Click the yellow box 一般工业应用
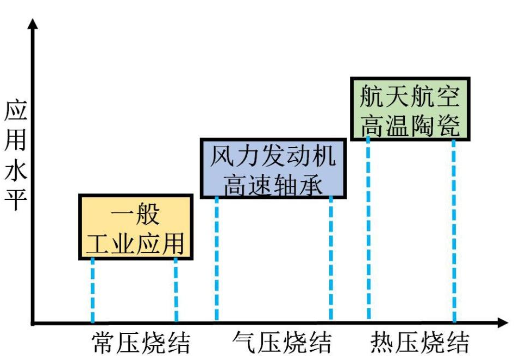pos(136,226)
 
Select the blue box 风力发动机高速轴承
pos(273,169)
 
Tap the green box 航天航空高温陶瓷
pos(410,109)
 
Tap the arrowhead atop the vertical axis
pos(34,24)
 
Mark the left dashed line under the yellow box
pos(92,290)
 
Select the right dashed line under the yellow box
pos(175,290)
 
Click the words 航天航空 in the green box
pos(410,97)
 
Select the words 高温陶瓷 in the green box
pos(410,124)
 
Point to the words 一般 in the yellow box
pos(135,214)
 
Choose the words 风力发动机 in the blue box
pos(273,155)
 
